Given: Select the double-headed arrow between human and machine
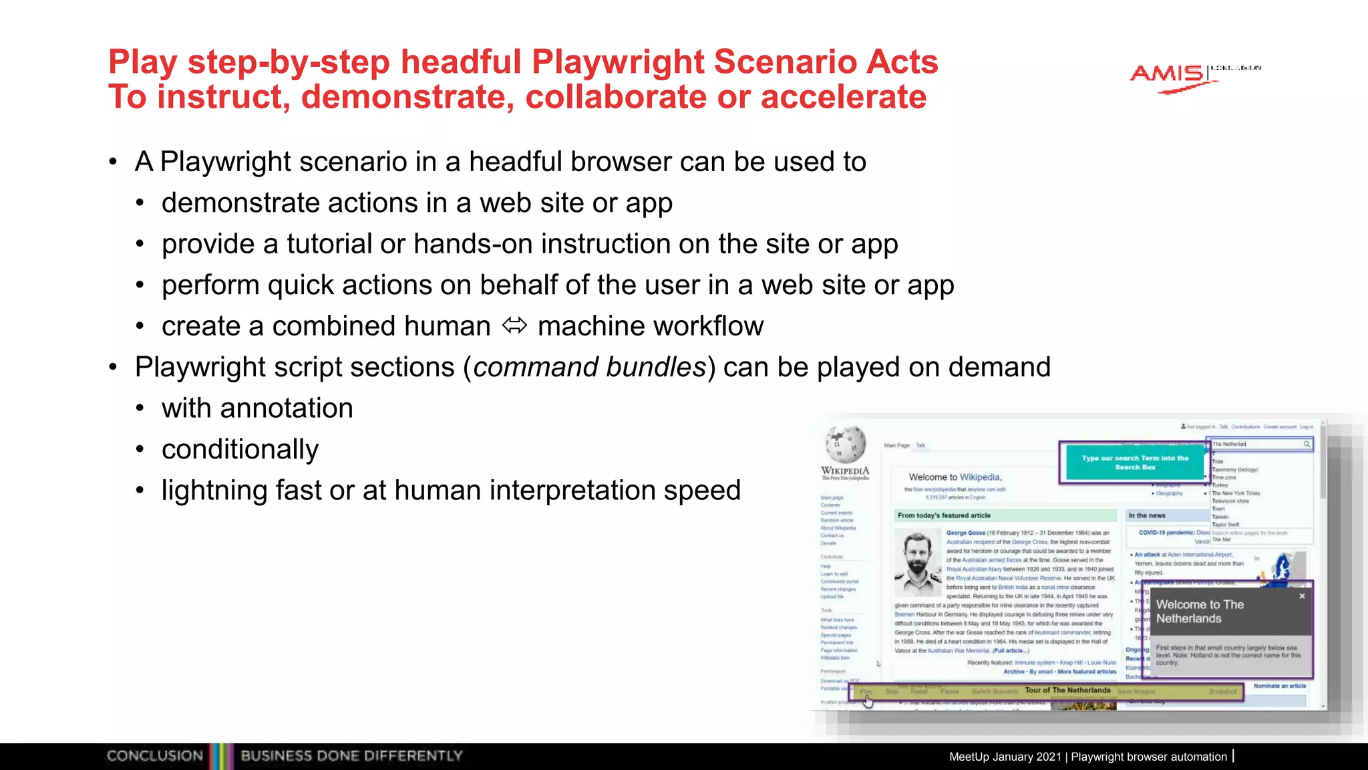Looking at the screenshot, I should pyautogui.click(x=514, y=326).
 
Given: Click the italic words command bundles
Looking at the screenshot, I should pyautogui.click(x=589, y=367).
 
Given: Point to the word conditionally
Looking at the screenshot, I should pyautogui.click(x=240, y=449).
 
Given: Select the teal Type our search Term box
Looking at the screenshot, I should pyautogui.click(x=1134, y=462).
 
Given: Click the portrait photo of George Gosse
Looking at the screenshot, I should pyautogui.click(x=917, y=563).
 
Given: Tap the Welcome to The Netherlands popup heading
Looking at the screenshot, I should pyautogui.click(x=1199, y=611).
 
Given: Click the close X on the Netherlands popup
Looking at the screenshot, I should pyautogui.click(x=1302, y=596).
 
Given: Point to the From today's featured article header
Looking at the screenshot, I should pyautogui.click(x=943, y=515).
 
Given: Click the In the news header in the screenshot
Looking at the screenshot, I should pyautogui.click(x=1147, y=515).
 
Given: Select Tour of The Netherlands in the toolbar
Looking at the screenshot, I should pyautogui.click(x=1067, y=690).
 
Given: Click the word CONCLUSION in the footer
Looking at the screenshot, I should pyautogui.click(x=154, y=756).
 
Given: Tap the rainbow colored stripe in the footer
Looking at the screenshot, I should pyautogui.click(x=222, y=756).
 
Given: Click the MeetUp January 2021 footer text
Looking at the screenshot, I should pyautogui.click(x=1004, y=757).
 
